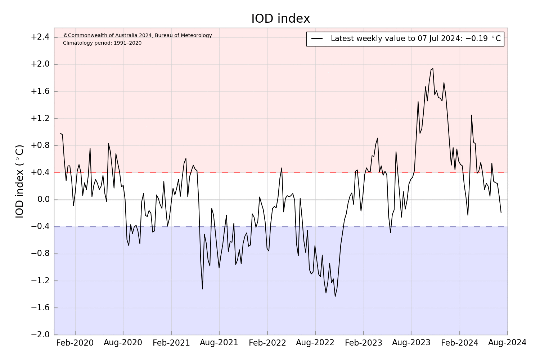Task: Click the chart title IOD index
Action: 280,19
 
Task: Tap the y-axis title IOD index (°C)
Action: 20,181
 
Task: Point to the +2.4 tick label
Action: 40,37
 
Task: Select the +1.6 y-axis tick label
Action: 40,91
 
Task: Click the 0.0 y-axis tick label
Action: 42,200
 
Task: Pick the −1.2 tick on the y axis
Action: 40,281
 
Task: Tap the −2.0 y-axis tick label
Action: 40,335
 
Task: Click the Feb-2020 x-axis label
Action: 75,343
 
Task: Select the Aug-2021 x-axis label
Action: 219,343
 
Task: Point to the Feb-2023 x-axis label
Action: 363,343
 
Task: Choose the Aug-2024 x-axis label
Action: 507,343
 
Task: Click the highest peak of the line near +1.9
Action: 433,68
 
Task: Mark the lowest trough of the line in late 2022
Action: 335,296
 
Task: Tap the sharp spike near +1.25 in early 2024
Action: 471,115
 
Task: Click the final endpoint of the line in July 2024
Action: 501,212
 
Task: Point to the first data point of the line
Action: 60,133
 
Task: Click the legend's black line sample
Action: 317,39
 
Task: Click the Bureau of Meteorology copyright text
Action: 138,35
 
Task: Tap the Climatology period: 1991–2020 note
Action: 102,43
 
